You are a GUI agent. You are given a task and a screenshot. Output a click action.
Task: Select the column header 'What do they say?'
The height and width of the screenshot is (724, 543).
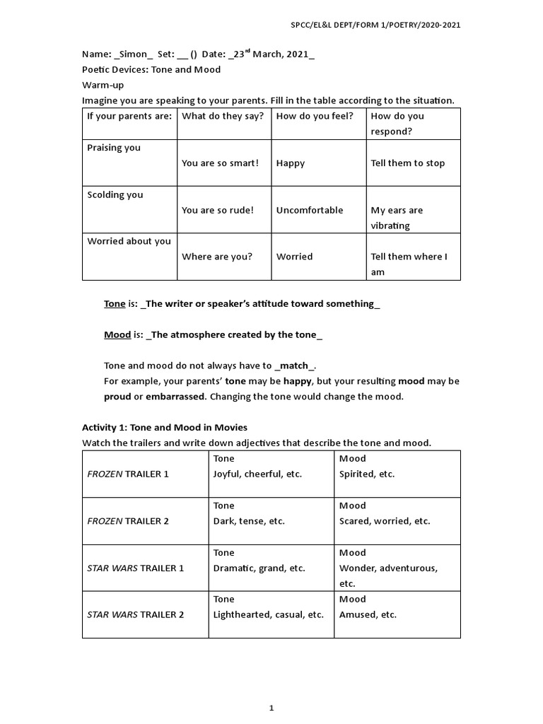pos(222,116)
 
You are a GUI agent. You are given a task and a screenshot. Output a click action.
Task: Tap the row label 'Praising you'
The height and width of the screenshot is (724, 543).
pos(114,148)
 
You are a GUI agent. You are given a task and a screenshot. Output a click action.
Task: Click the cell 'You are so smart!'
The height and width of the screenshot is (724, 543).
pos(220,163)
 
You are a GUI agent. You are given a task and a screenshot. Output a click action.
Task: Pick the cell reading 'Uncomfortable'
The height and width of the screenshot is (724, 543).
pos(309,210)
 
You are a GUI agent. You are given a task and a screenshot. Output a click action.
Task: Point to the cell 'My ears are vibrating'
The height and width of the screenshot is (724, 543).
pos(397,218)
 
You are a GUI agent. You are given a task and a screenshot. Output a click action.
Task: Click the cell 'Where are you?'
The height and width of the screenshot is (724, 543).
pos(216,257)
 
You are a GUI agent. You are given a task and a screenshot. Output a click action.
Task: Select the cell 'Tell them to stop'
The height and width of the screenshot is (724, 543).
pos(408,163)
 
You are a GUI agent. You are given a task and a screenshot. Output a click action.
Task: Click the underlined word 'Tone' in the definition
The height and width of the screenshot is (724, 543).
pos(115,304)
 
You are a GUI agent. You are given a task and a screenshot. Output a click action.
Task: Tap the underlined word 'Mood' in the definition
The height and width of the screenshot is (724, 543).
pos(117,335)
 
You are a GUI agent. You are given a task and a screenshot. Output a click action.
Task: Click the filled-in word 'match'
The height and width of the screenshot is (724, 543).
pos(294,366)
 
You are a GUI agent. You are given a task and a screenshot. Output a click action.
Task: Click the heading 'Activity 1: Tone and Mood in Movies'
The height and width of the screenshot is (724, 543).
pos(165,428)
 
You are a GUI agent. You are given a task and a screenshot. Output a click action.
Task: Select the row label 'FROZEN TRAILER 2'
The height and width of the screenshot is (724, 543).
pos(128,521)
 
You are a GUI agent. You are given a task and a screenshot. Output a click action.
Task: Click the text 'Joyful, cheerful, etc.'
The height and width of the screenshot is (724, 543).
pos(257,474)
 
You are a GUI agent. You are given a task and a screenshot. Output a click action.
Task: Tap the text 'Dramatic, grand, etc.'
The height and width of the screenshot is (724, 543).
pos(259,568)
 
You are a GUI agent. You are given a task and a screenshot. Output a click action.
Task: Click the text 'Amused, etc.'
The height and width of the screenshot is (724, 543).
pos(368,614)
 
